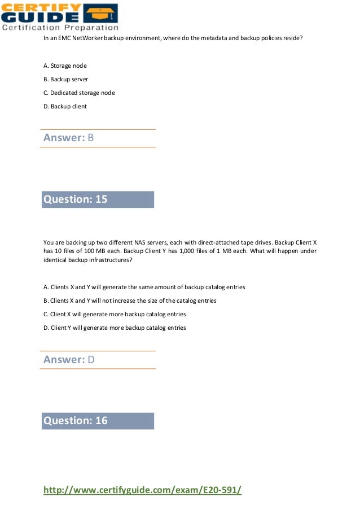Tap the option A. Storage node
pos(65,66)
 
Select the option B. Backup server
pos(65,80)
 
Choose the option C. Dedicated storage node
pos(79,93)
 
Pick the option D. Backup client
pos(65,106)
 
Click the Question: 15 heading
pos(76,199)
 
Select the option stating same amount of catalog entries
pos(144,287)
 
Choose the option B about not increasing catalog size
pos(130,300)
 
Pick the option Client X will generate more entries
pos(115,314)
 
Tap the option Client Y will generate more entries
pos(115,328)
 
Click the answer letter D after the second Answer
pos(91,360)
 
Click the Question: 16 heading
pos(76,421)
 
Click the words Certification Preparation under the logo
pos(60,27)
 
